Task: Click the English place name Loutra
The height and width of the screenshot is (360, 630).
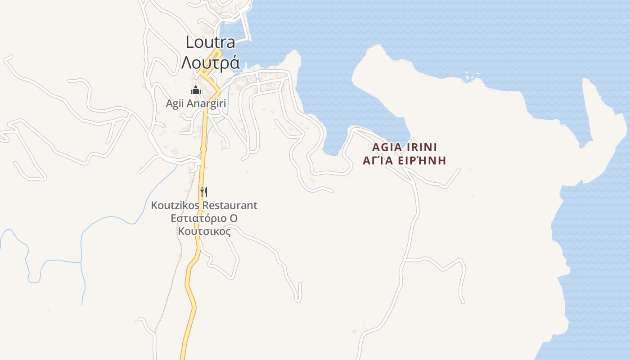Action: click(x=210, y=42)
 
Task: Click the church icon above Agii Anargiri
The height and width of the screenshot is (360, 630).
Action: click(x=195, y=90)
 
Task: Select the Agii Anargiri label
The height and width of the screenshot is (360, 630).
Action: click(x=196, y=103)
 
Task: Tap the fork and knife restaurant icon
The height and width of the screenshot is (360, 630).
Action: click(x=204, y=192)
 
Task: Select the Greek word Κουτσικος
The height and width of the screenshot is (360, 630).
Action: click(x=204, y=232)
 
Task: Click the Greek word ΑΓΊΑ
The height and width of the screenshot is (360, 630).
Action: click(x=378, y=161)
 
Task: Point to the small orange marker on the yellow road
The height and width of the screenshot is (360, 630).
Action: click(x=203, y=149)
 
